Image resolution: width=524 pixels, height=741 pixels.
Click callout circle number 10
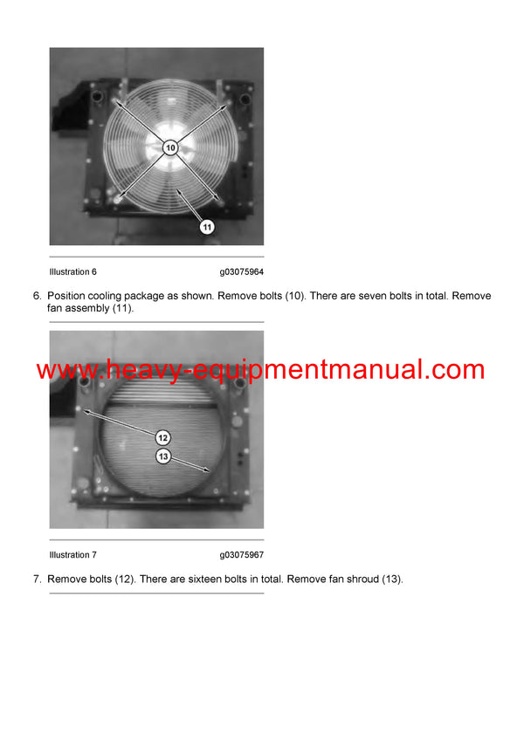pyautogui.click(x=170, y=148)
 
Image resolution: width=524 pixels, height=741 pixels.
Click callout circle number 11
pyautogui.click(x=207, y=226)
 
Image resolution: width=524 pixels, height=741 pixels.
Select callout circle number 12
pyautogui.click(x=163, y=437)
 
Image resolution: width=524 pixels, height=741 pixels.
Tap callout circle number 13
pyautogui.click(x=163, y=456)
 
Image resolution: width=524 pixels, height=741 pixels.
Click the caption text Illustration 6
pyautogui.click(x=73, y=272)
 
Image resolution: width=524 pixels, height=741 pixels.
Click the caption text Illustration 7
pyautogui.click(x=73, y=555)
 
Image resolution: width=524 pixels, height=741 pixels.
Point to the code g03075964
pyautogui.click(x=242, y=272)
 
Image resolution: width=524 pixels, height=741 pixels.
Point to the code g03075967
pyautogui.click(x=242, y=555)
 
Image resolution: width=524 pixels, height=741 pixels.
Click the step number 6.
pyautogui.click(x=37, y=297)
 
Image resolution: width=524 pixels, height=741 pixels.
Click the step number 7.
pyautogui.click(x=37, y=580)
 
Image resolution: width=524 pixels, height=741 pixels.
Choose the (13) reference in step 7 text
pyautogui.click(x=392, y=580)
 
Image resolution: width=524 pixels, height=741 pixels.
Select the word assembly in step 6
pyautogui.click(x=86, y=309)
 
